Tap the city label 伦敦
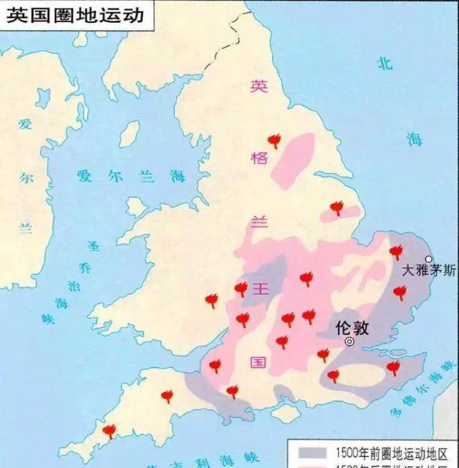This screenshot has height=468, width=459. pos(352,328)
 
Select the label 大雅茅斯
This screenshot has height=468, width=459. pos(427,271)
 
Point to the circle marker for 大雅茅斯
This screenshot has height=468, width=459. pos(429,259)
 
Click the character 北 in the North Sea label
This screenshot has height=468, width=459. pos(385,63)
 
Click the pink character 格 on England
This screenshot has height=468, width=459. pos(259,157)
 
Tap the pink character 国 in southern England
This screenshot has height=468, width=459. pos(259,361)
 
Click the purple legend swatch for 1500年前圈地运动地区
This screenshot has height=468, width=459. pos(310,452)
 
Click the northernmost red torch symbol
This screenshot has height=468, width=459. pos(274,140)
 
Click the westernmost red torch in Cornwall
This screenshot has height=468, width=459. pos(109,430)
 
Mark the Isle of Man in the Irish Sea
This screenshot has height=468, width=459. pos(130,133)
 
